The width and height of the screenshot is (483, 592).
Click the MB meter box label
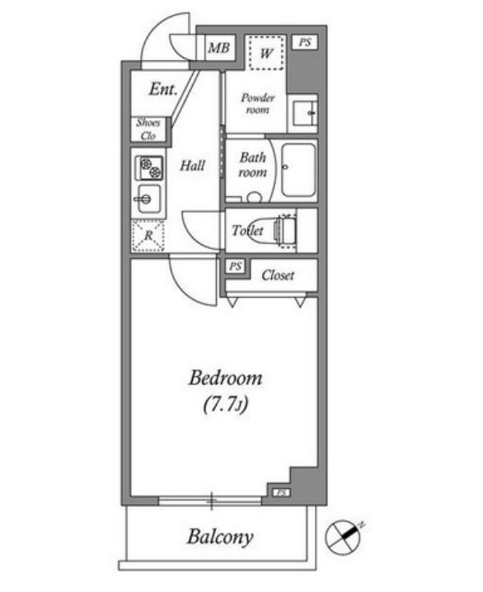219,48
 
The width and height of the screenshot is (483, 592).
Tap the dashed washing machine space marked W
266,53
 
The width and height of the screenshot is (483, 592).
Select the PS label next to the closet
236,266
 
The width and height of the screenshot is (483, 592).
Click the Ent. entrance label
163,89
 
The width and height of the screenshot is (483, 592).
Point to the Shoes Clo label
148,129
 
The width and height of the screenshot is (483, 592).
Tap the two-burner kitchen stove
150,168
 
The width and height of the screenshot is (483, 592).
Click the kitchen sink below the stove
148,199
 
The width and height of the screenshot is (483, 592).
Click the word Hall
192,166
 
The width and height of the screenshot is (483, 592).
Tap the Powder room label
258,103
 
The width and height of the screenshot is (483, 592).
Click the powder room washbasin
305,113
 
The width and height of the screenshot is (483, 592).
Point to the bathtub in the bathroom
298,170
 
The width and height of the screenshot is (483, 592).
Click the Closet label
278,275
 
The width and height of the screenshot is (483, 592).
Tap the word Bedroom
226,378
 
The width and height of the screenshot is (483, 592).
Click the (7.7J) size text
226,405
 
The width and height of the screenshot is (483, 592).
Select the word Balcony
220,537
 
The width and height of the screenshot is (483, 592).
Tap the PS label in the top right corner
305,42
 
